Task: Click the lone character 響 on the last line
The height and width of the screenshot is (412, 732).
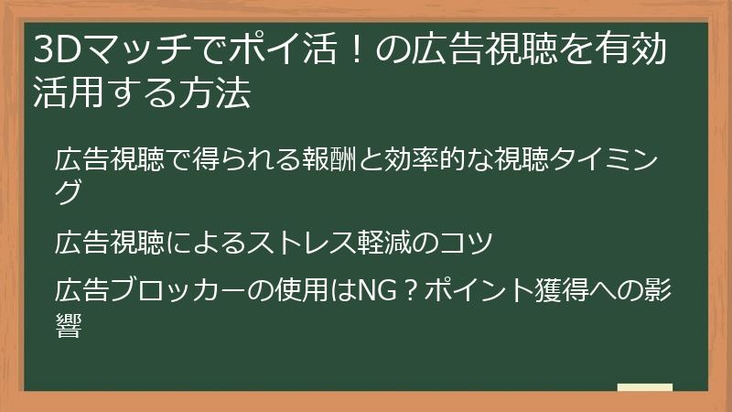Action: [70, 326]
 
